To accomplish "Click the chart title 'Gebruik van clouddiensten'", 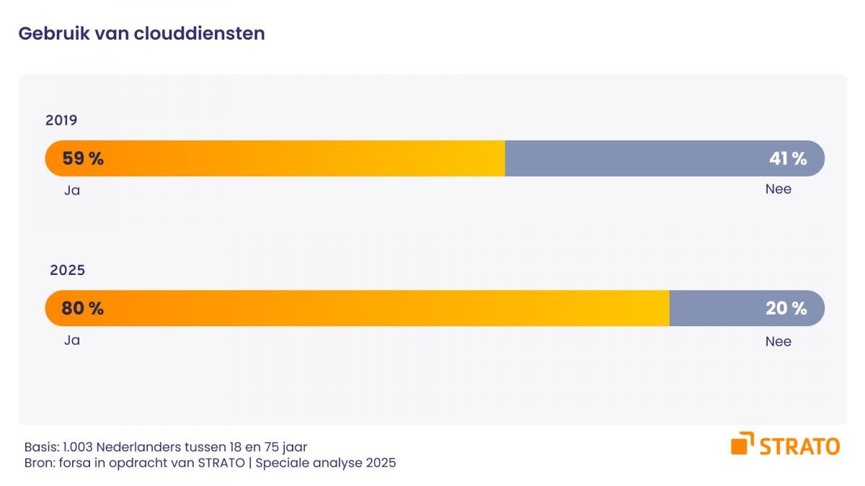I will click(141, 33).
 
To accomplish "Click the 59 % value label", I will click(83, 158).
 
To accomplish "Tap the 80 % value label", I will click(83, 308).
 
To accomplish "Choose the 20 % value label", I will click(786, 308).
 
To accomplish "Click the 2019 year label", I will click(61, 120).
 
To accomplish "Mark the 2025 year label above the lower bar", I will click(67, 271).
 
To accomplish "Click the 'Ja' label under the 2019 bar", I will click(71, 190).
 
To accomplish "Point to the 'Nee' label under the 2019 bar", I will click(778, 189).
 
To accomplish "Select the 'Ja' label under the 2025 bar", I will click(71, 341).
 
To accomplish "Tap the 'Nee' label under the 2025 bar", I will click(778, 342).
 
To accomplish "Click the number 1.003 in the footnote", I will click(79, 447).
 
